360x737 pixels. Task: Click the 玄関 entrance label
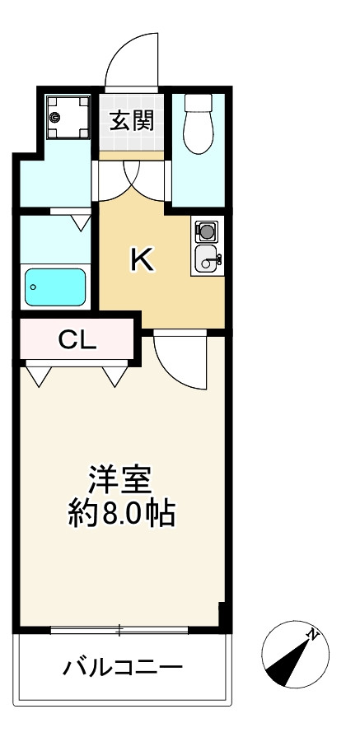coord(131,121)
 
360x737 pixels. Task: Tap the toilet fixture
coord(199,124)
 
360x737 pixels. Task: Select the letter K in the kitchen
coord(142,260)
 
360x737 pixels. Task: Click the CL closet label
coord(77,339)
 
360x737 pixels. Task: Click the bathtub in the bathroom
coord(55,287)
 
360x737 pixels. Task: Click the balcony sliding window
coord(119,631)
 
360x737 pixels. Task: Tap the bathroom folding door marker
coord(81,221)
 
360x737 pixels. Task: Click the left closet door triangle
coord(38,375)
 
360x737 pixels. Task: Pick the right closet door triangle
coord(114,375)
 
